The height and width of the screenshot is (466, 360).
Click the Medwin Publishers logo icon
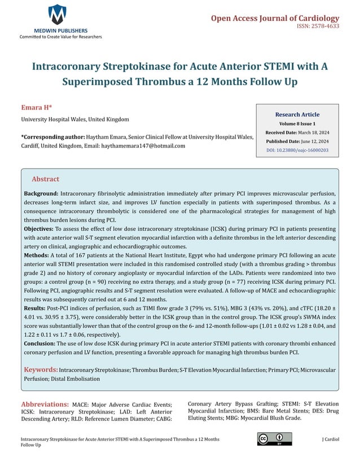(57, 14)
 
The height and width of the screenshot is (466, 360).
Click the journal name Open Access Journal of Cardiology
(275, 18)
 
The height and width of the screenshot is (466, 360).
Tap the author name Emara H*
(36, 107)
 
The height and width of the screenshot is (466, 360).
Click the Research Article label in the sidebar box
(297, 115)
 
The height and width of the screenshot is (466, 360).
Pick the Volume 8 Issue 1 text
(297, 124)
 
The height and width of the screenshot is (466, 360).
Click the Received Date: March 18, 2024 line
(297, 133)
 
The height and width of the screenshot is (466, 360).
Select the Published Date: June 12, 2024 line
(297, 142)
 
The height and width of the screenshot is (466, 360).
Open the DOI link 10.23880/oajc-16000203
(297, 151)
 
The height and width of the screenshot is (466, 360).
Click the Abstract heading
(45, 179)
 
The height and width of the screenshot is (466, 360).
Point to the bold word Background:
(41, 194)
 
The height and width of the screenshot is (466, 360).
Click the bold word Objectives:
(39, 231)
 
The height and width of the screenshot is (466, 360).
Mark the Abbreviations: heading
(45, 405)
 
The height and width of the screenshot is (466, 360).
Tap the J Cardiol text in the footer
(330, 438)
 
